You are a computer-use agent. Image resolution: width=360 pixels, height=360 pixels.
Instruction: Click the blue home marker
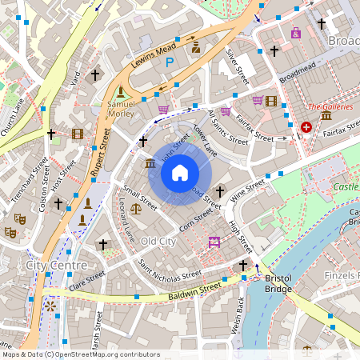(180, 173)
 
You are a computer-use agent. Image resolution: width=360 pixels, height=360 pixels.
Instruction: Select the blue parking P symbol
(170, 61)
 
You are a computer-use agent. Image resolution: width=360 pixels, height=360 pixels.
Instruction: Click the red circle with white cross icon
(306, 127)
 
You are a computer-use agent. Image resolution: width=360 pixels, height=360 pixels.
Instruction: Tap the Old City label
(158, 241)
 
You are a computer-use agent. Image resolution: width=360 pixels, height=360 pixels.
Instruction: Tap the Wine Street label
(247, 190)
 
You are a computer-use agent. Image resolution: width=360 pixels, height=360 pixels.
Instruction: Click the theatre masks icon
(10, 231)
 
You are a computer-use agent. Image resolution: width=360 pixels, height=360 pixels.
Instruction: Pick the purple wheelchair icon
(296, 33)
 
